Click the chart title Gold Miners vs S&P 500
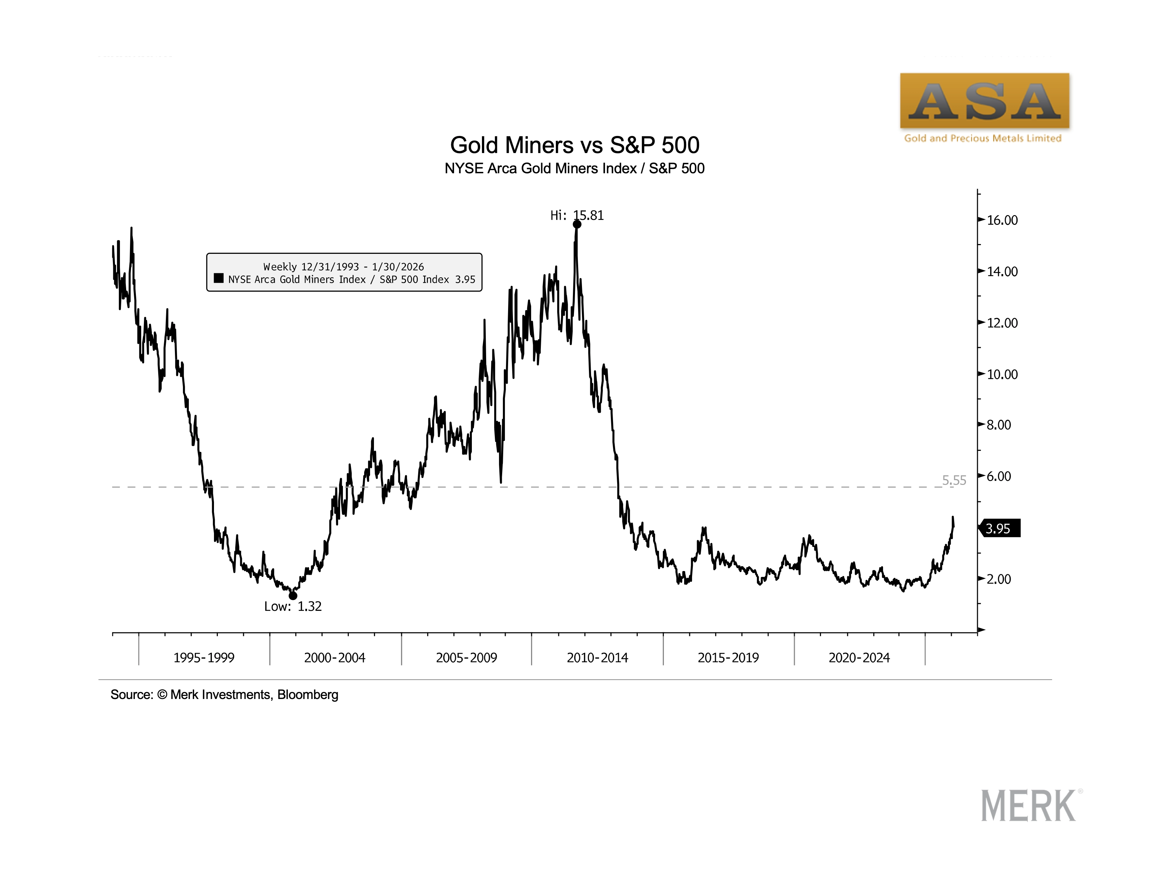[574, 145]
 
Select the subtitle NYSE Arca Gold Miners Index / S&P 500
[574, 168]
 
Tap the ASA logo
[984, 101]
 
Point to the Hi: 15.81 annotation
[577, 215]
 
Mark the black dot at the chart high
[577, 225]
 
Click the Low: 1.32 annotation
[293, 607]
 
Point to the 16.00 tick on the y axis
[1002, 220]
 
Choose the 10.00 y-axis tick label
[1002, 374]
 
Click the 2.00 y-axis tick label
[998, 579]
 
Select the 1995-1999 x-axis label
[204, 658]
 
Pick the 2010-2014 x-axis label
[597, 658]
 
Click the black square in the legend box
[219, 278]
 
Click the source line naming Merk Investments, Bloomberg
[224, 695]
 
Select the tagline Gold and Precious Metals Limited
[983, 138]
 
